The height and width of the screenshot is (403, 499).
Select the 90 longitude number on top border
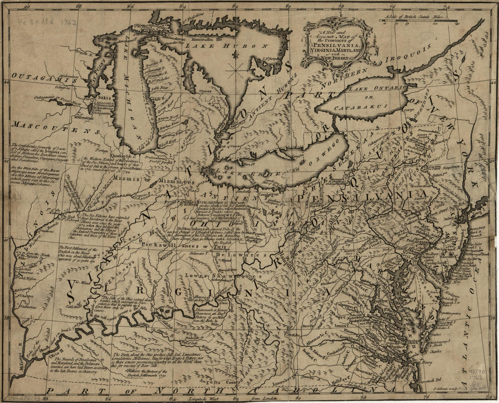click(x=28, y=6)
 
